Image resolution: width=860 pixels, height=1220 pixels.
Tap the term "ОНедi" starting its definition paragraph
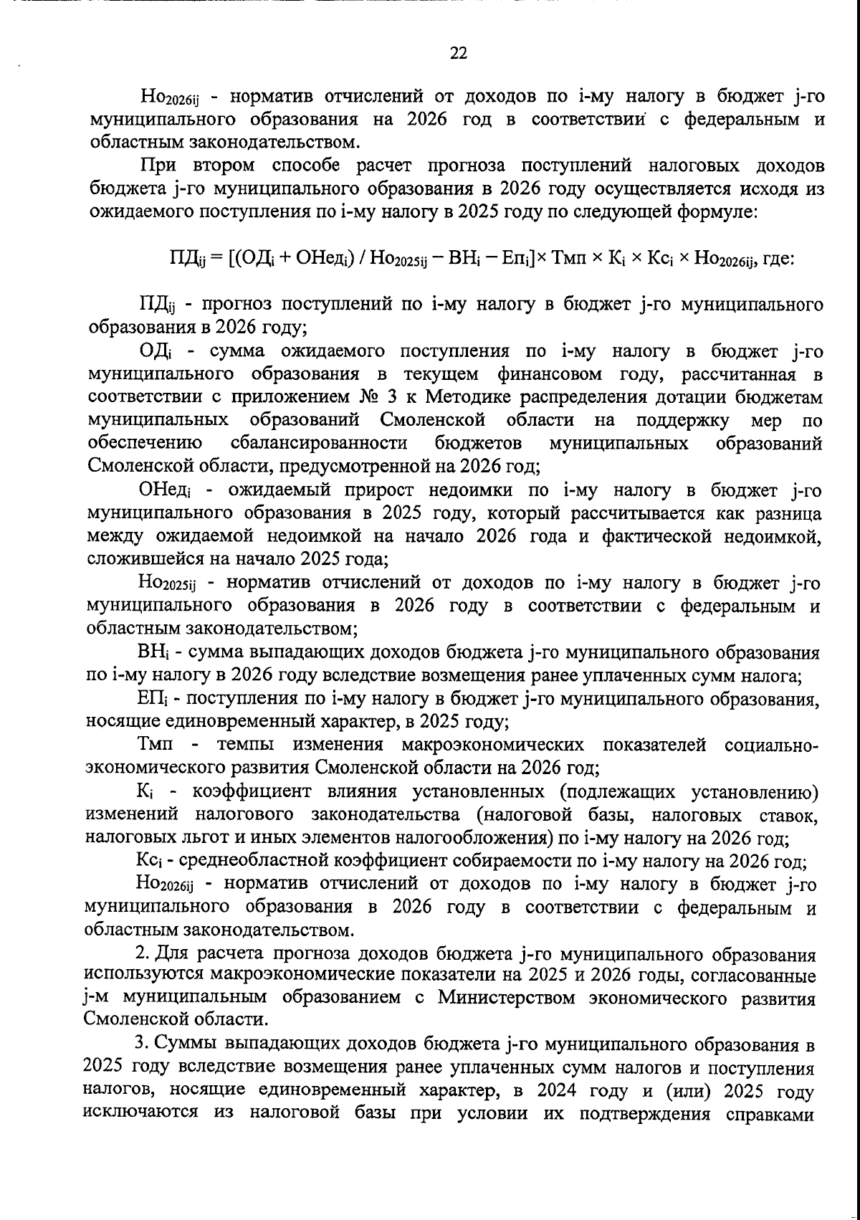coord(164,490)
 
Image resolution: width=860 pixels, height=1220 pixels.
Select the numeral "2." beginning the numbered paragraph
coord(143,954)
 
